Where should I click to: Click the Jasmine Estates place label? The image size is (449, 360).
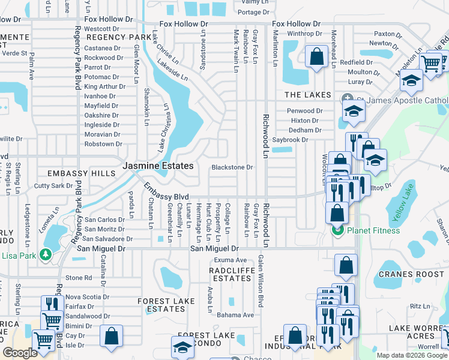pyautogui.click(x=158, y=166)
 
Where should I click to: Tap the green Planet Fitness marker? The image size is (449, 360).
pyautogui.click(x=337, y=230)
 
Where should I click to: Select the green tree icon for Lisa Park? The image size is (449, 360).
pyautogui.click(x=46, y=254)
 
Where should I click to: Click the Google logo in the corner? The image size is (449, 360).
pyautogui.click(x=20, y=353)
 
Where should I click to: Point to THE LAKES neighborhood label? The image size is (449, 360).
pyautogui.click(x=307, y=95)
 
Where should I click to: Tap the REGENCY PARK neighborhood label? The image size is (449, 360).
pyautogui.click(x=110, y=37)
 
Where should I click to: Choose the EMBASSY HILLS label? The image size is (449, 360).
pyautogui.click(x=83, y=173)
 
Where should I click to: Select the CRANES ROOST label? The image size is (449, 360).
pyautogui.click(x=403, y=274)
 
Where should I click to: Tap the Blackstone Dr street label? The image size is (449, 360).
pyautogui.click(x=232, y=167)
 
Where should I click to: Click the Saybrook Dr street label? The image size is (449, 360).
pyautogui.click(x=290, y=140)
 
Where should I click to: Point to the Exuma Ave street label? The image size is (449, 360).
pyautogui.click(x=231, y=260)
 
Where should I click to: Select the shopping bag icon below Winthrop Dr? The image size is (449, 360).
pyautogui.click(x=316, y=58)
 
